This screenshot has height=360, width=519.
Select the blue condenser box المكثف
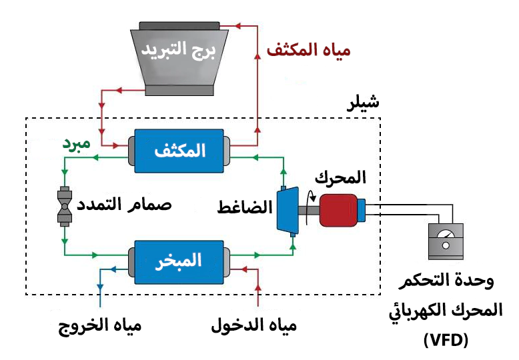pos(178,150)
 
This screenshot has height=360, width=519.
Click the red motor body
pos(340,209)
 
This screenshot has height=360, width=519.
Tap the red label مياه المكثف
pos(308,51)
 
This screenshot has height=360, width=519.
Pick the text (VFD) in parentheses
pos(446,341)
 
